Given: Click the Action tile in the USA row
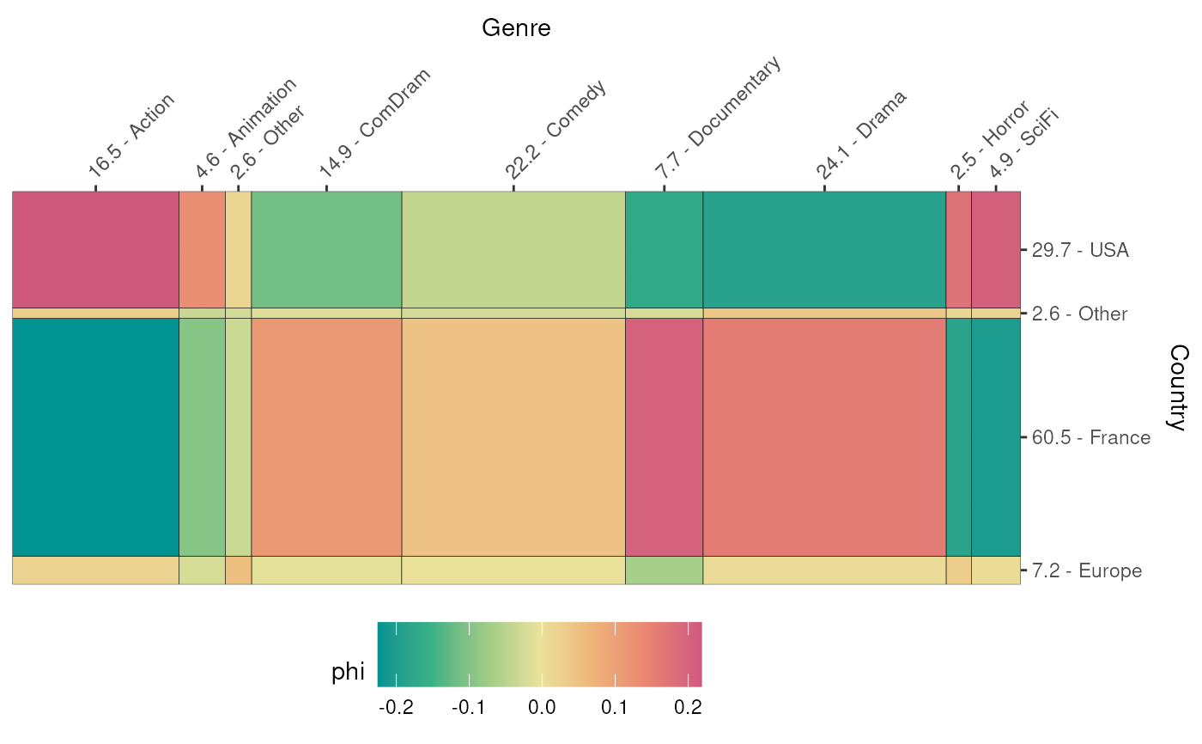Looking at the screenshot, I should click(95, 249).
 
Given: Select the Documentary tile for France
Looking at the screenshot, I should click(664, 437).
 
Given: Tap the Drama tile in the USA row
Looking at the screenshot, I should click(824, 249).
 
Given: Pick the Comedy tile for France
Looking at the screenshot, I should click(513, 437).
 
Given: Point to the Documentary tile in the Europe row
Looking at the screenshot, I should click(664, 570).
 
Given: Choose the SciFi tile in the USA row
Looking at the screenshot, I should click(996, 249).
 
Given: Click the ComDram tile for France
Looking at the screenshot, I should click(326, 437).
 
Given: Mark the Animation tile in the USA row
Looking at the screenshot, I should click(202, 249).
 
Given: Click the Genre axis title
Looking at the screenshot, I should click(516, 28).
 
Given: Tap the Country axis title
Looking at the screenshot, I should click(1178, 387).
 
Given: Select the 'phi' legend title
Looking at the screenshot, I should click(348, 673).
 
